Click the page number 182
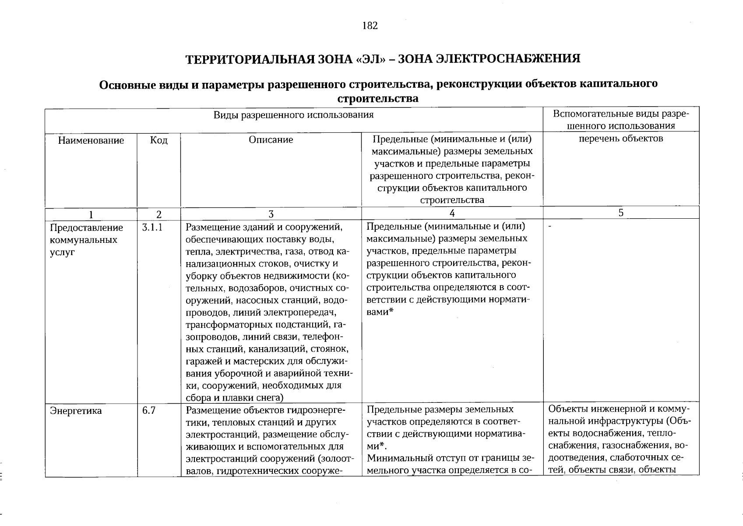(370, 26)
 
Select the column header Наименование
(91, 140)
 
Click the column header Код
(158, 140)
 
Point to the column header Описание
(271, 140)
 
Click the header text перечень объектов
(621, 139)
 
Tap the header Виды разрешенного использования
(293, 115)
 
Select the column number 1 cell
(91, 214)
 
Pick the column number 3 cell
(271, 214)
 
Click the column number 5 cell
(621, 213)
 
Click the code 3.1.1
(152, 228)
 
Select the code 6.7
(149, 411)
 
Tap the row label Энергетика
(76, 411)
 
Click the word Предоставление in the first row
(87, 228)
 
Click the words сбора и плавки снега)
(235, 398)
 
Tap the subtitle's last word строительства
(377, 99)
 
